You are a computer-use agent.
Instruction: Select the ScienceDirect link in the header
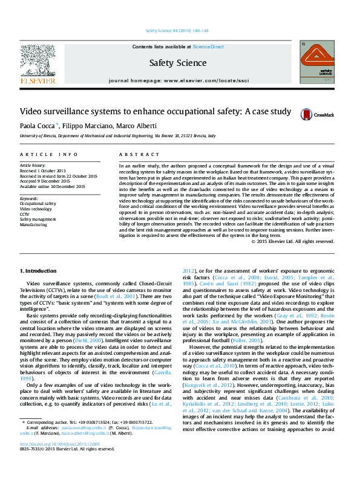209,47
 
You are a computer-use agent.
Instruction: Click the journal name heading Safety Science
178,63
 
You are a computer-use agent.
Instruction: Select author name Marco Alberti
138,126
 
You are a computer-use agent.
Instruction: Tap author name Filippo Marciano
87,126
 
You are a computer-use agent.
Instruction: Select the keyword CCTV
25,214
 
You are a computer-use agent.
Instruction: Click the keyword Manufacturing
33,224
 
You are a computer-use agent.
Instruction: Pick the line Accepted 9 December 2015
45,181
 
